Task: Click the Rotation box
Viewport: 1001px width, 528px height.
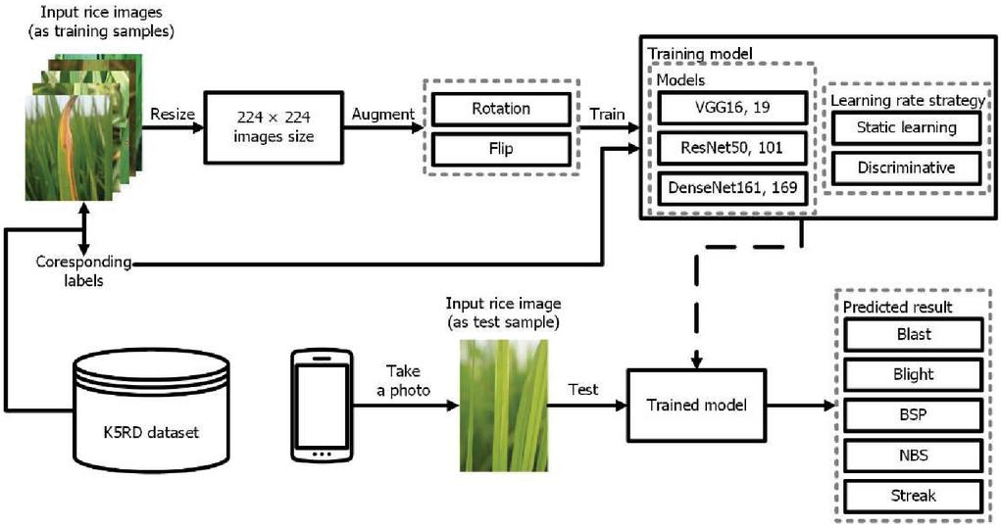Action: (x=500, y=109)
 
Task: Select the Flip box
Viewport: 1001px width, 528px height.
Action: (x=500, y=149)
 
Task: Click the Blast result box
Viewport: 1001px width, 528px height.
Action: (x=913, y=334)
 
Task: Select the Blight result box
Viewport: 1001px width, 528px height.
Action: (x=913, y=373)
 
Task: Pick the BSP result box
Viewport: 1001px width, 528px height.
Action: (x=913, y=413)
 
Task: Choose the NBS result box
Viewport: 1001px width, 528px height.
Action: (x=913, y=454)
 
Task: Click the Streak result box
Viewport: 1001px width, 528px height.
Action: (x=913, y=494)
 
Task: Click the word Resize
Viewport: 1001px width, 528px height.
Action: (x=171, y=115)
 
